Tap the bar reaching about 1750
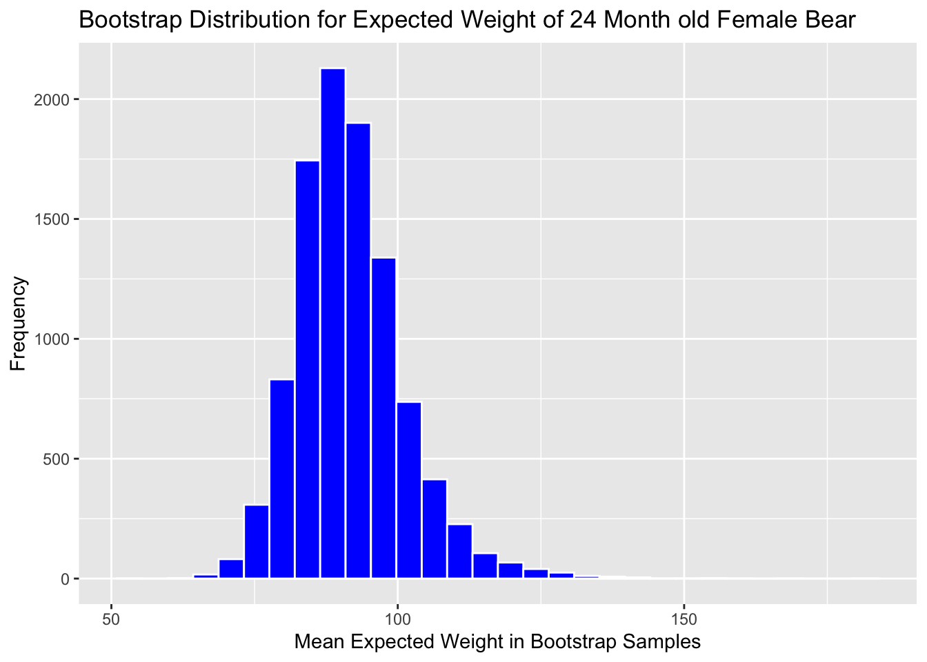[307, 369]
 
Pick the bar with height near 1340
[383, 418]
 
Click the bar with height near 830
[281, 479]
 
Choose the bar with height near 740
[409, 490]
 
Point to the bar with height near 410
[435, 528]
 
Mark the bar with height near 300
[257, 541]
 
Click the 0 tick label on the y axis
[65, 579]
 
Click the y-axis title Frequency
[19, 323]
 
